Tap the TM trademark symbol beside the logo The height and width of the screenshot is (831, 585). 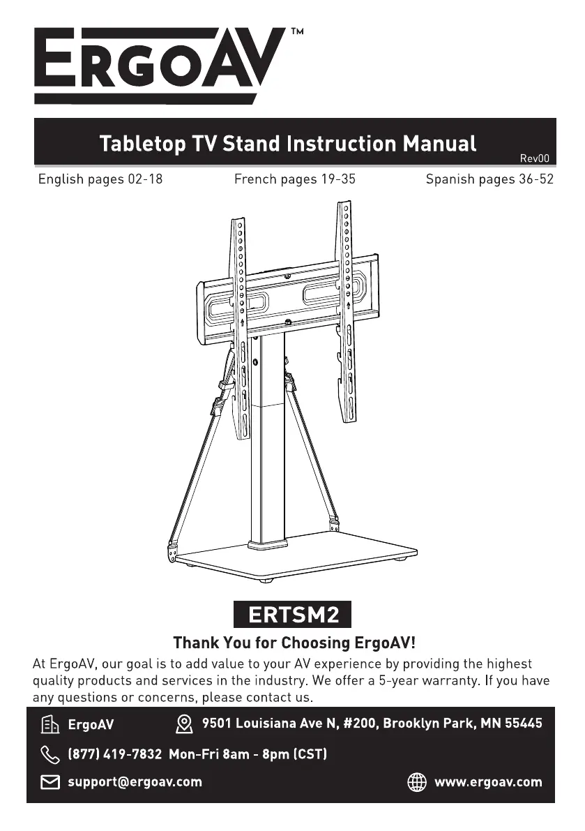tap(296, 32)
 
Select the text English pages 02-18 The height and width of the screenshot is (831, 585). tap(100, 179)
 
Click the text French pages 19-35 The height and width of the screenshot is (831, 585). tap(294, 179)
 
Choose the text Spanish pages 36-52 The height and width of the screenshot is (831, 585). tap(489, 179)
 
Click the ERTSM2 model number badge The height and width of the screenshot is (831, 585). tap(294, 615)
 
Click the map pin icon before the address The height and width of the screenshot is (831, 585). tap(184, 724)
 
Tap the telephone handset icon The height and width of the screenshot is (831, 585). tap(50, 754)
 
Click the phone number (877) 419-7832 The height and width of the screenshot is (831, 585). tap(114, 754)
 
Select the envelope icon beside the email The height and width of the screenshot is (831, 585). tap(50, 782)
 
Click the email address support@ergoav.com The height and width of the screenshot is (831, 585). tap(135, 782)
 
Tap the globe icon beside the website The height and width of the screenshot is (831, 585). tap(417, 782)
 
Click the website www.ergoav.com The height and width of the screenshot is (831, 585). tap(488, 782)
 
